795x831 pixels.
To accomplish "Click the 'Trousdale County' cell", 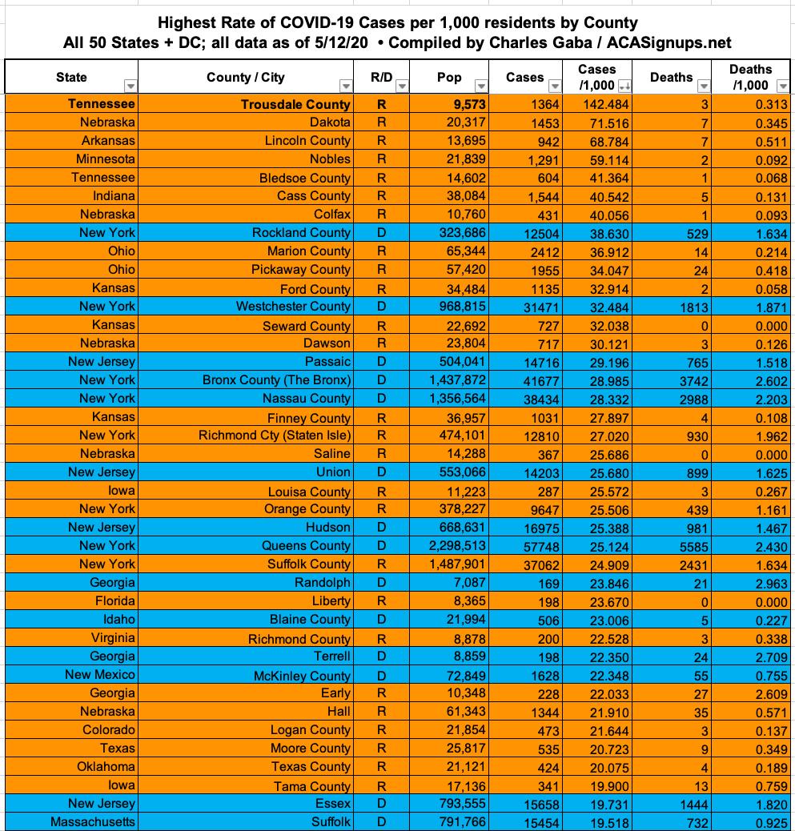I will coord(295,104).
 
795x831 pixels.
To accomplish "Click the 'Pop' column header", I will coord(449,78).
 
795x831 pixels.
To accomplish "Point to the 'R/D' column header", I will coord(381,78).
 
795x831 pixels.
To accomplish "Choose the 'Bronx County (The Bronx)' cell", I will coord(276,380).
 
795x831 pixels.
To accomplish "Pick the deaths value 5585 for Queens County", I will coord(688,546).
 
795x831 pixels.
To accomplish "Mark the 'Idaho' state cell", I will coord(118,620).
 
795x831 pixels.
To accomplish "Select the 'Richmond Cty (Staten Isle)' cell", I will coord(275,436).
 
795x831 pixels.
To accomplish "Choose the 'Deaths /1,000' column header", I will coord(750,78).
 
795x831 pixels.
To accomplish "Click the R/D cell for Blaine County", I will coord(381,620).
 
